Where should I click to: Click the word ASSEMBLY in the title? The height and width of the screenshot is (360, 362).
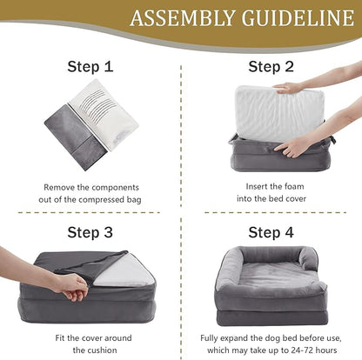pyautogui.click(x=176, y=18)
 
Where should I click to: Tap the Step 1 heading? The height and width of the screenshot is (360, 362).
pyautogui.click(x=90, y=65)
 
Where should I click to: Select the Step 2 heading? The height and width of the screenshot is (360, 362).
pyautogui.click(x=271, y=65)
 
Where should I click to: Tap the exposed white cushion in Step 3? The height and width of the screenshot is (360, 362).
pyautogui.click(x=124, y=270)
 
